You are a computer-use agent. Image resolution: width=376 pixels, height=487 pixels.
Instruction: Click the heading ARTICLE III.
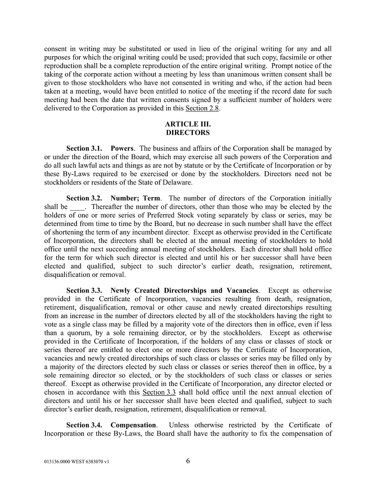[x=188, y=124]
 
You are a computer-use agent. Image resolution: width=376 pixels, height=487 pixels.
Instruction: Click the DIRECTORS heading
[x=188, y=133]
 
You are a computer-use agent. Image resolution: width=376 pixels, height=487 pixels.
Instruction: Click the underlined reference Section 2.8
[x=202, y=109]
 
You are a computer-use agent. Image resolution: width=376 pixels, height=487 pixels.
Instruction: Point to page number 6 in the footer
[x=188, y=461]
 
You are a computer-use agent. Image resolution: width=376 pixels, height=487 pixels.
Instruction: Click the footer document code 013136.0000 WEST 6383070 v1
[x=76, y=462]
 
